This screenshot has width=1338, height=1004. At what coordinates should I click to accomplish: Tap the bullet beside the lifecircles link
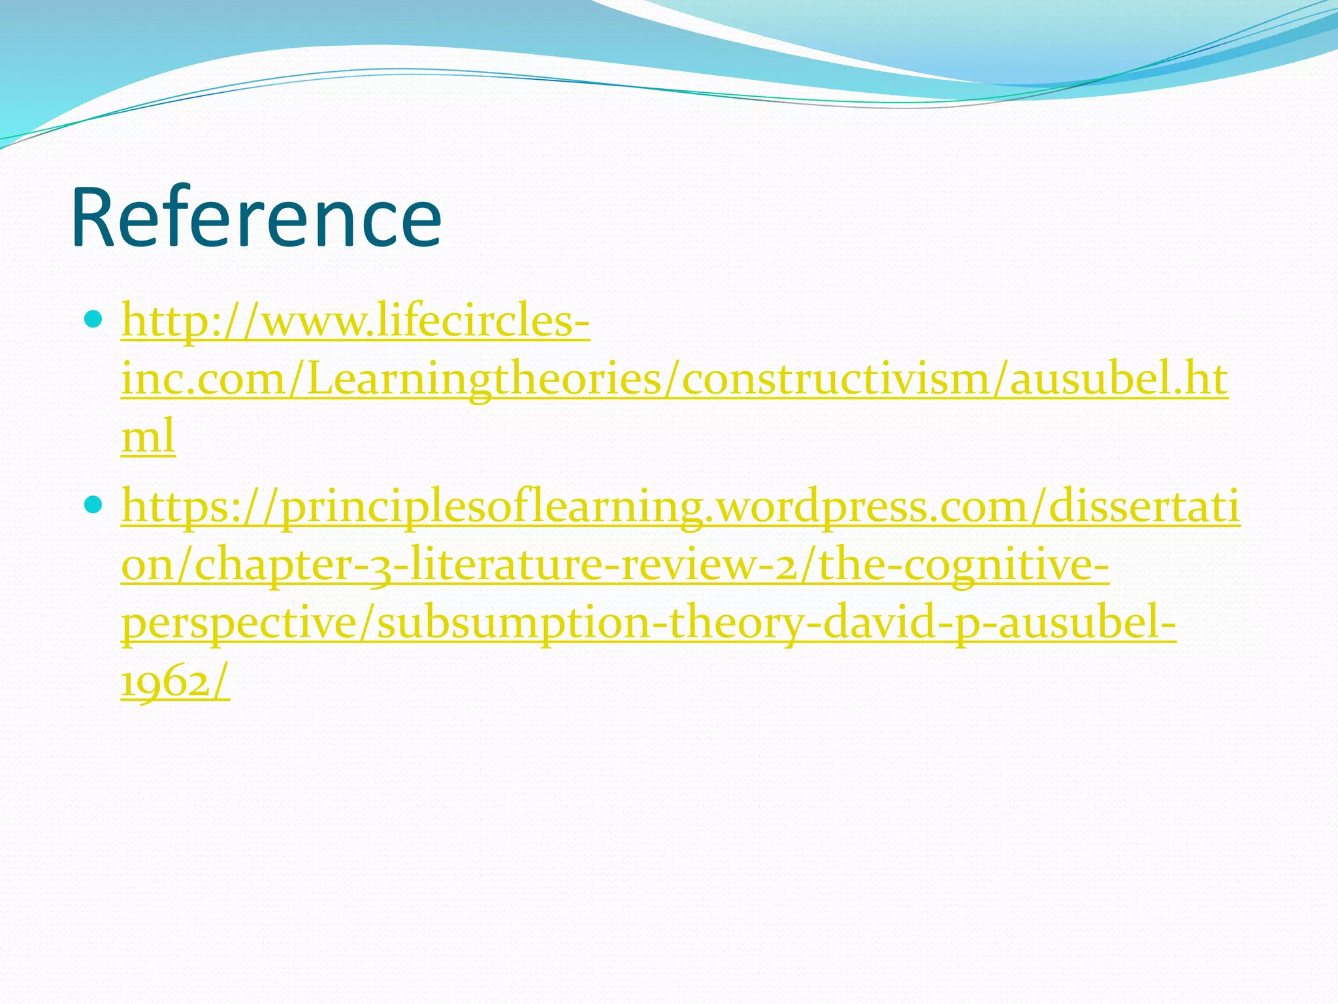(x=94, y=320)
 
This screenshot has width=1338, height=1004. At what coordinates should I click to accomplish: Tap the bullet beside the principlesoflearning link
(x=94, y=504)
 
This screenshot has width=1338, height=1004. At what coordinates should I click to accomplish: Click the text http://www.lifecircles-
(x=355, y=322)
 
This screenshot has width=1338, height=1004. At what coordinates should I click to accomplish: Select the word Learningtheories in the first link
(x=483, y=380)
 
